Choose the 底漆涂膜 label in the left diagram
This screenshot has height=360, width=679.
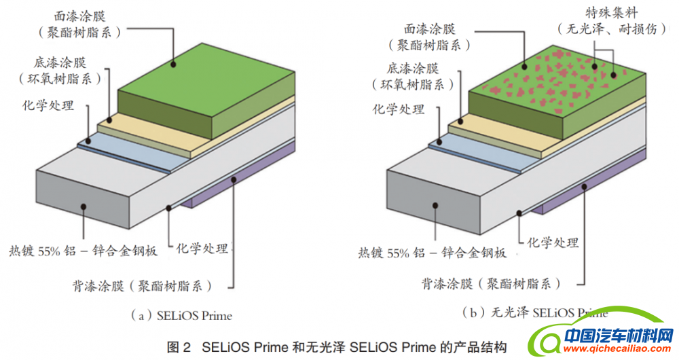click(x=60, y=62)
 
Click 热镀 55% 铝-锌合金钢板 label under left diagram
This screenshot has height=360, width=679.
click(x=84, y=249)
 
